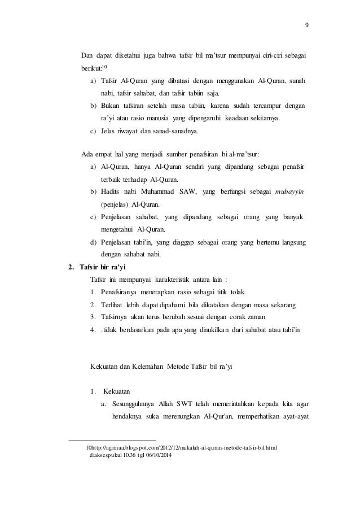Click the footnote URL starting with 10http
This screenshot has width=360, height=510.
[184, 447]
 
